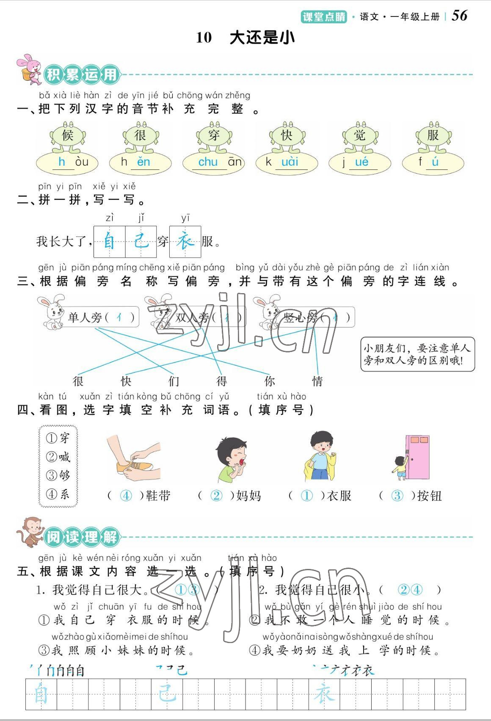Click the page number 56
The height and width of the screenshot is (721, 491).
tap(460, 16)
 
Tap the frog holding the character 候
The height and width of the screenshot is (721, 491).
tap(68, 137)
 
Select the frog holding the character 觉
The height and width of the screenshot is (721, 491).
tap(360, 137)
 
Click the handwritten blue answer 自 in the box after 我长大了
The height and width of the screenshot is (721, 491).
tap(109, 242)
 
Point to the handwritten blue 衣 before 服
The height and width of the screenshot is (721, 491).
tap(185, 242)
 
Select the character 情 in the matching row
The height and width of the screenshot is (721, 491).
tap(317, 381)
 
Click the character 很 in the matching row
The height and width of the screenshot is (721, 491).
tap(78, 381)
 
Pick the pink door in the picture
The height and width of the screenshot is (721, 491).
tap(417, 457)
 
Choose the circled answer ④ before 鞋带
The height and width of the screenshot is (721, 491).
tap(126, 496)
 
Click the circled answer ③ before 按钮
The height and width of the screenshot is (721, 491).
tap(397, 496)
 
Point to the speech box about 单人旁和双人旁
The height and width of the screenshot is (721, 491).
tap(417, 355)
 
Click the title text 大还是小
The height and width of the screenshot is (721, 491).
tap(262, 38)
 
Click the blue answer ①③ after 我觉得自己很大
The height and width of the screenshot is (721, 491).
tap(187, 589)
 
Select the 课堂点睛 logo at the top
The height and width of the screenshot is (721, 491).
tap(324, 17)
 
